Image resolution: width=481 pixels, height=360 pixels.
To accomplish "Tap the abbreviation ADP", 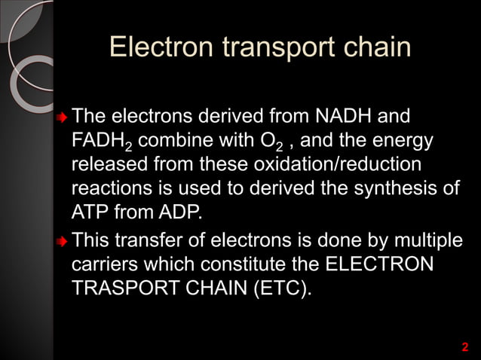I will pos(180,211).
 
